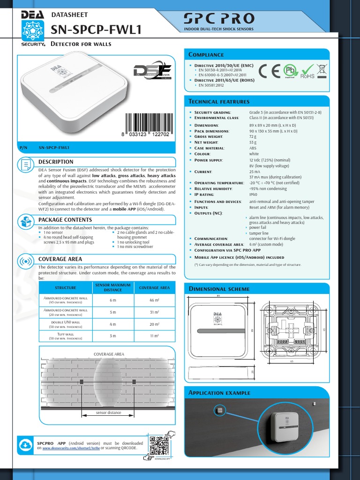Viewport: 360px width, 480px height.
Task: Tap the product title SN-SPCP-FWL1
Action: point(96,30)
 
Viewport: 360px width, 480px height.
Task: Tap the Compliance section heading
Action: point(206,55)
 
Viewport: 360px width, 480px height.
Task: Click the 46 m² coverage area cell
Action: point(155,300)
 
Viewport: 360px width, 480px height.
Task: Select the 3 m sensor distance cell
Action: point(112,336)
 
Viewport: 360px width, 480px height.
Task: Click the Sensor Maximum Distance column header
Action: point(112,287)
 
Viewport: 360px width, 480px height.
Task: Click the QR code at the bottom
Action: point(159,445)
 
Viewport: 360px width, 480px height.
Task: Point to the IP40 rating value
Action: point(254,194)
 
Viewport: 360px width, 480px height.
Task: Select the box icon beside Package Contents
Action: point(26,221)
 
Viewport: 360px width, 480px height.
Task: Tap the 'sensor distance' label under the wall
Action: point(108,412)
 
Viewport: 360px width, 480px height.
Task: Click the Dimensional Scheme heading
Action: point(212,289)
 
